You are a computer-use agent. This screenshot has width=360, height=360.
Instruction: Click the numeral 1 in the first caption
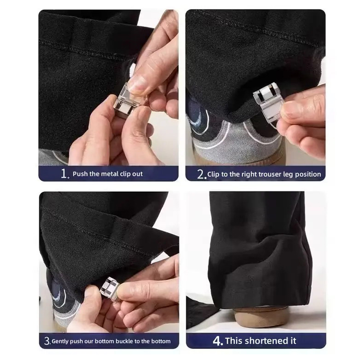tap(64, 174)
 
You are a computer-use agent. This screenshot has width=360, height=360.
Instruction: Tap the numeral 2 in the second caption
tap(200, 174)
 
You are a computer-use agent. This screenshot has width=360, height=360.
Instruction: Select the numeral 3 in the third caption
tap(47, 341)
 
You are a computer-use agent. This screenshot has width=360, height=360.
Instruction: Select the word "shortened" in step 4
tap(265, 341)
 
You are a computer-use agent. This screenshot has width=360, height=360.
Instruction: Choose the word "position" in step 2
tap(308, 175)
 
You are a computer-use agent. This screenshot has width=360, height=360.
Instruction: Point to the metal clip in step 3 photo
tap(111, 287)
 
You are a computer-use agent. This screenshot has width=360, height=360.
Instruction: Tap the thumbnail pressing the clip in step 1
tap(137, 85)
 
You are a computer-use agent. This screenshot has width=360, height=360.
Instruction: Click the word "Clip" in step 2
tap(213, 175)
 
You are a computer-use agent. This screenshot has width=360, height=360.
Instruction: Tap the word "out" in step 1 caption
tap(137, 174)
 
